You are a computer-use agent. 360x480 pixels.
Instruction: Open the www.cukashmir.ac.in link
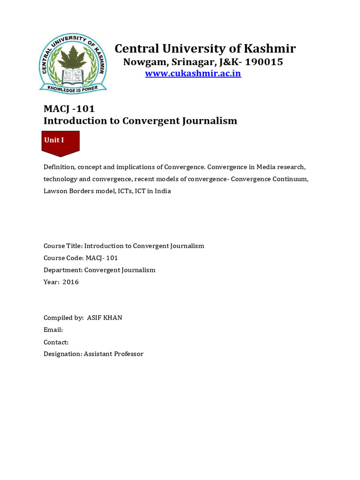click(193, 74)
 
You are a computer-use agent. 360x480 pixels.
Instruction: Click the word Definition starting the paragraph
click(59, 167)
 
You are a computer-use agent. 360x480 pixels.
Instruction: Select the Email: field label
click(53, 330)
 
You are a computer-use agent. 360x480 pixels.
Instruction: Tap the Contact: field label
click(56, 342)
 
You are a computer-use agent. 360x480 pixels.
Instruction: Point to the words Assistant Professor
click(113, 354)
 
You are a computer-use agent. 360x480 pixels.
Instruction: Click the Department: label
click(63, 270)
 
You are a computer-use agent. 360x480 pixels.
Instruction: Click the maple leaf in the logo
click(73, 56)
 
